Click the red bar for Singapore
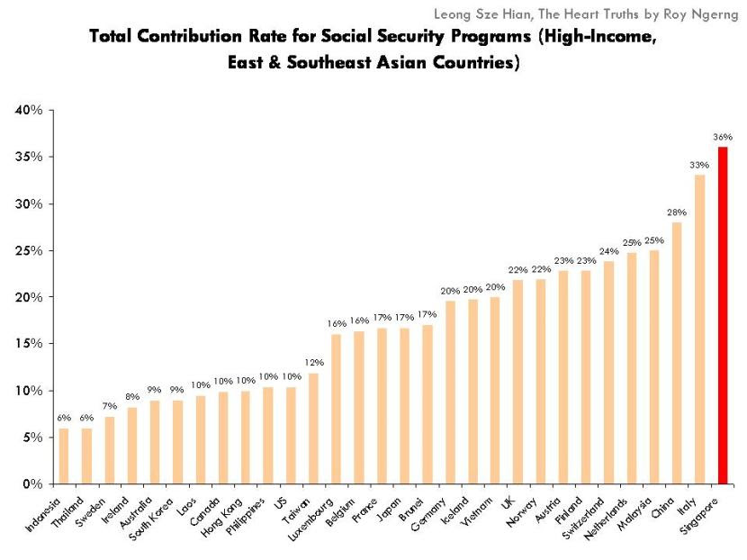(723, 315)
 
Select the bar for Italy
(699, 330)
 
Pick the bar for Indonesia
(63, 456)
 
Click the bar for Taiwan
(313, 429)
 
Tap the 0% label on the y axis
(32, 484)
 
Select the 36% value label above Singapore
(723, 137)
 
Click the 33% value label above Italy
(699, 165)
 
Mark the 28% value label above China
(677, 212)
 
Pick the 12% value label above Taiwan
(313, 363)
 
